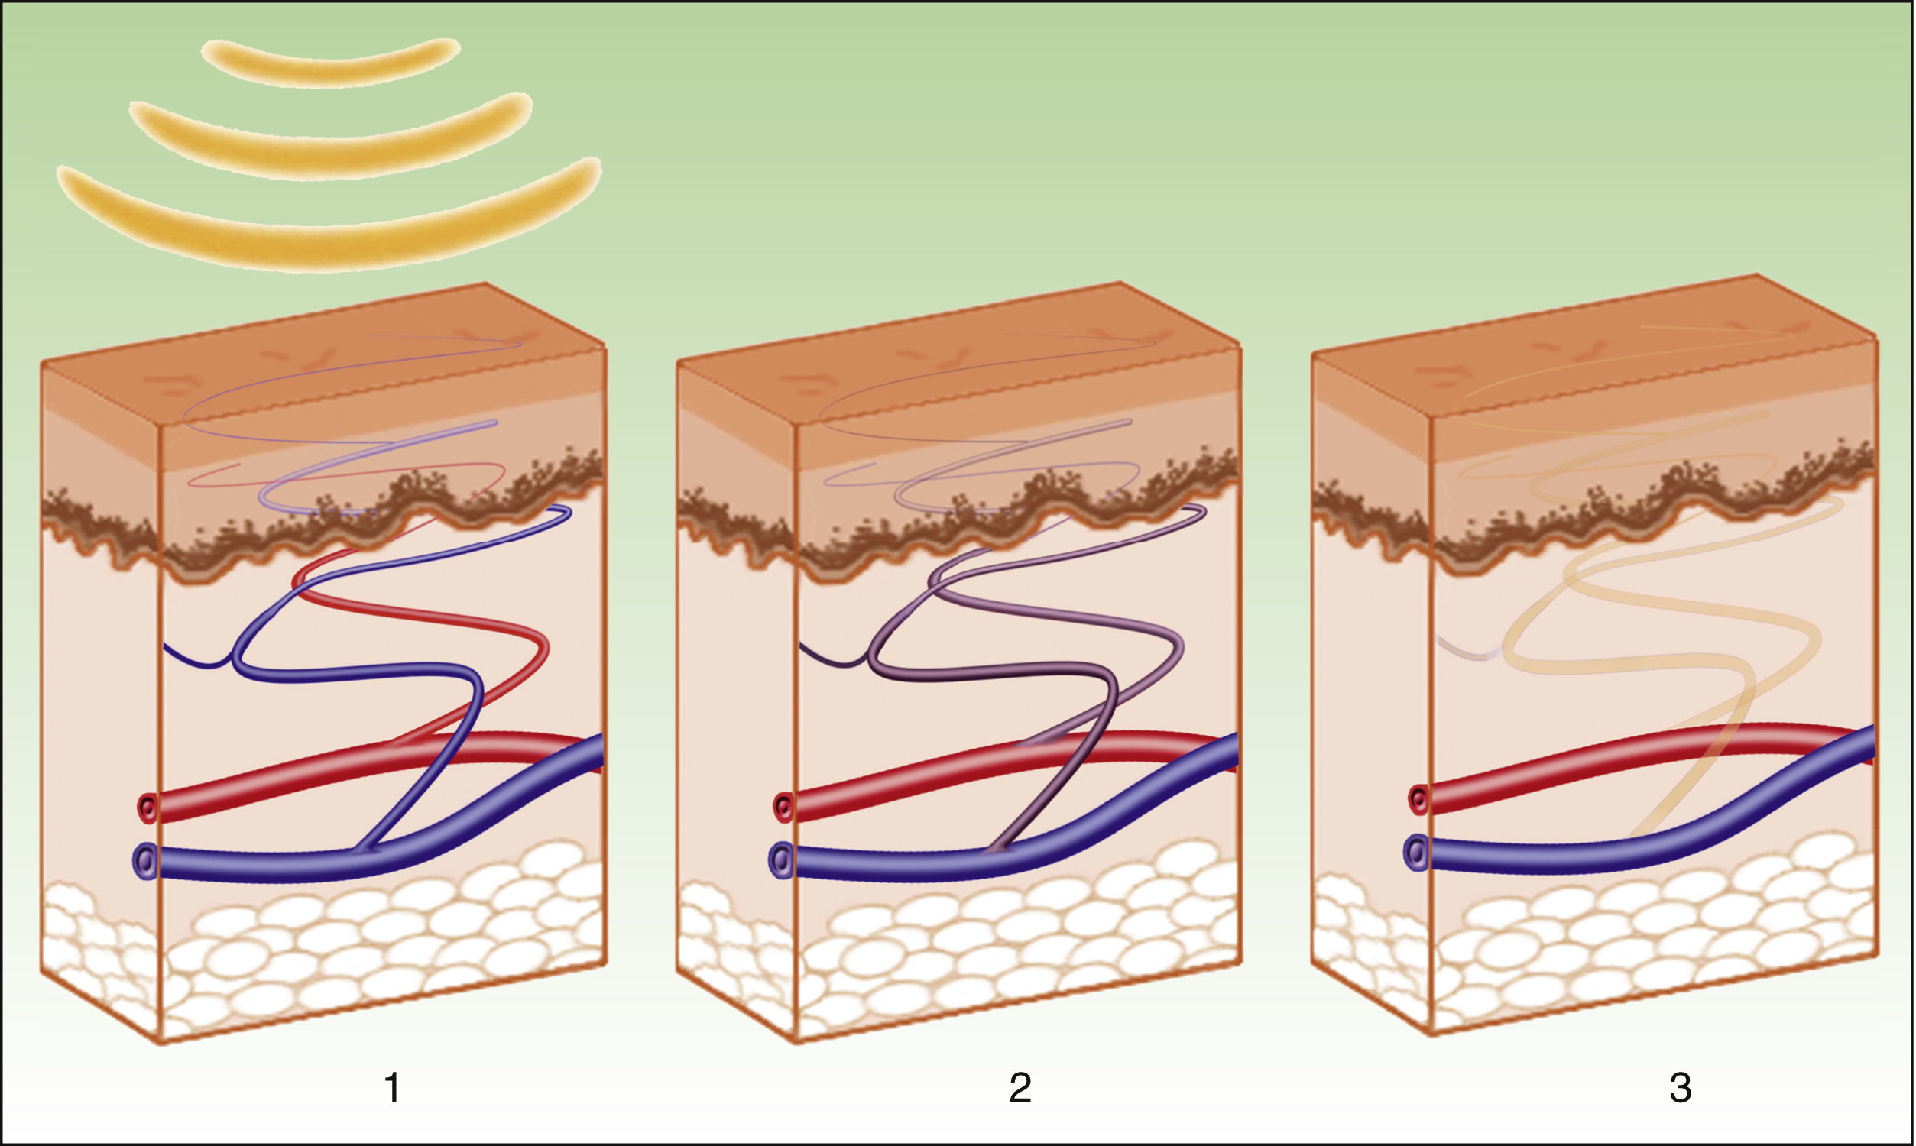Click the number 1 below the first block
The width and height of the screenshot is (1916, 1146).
392,1088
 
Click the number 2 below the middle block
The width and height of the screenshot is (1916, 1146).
1020,1088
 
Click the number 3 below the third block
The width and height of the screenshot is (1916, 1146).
1681,1088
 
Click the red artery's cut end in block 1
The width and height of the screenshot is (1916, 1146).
148,808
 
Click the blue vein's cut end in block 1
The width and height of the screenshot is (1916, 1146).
144,859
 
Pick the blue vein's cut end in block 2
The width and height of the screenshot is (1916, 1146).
780,859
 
